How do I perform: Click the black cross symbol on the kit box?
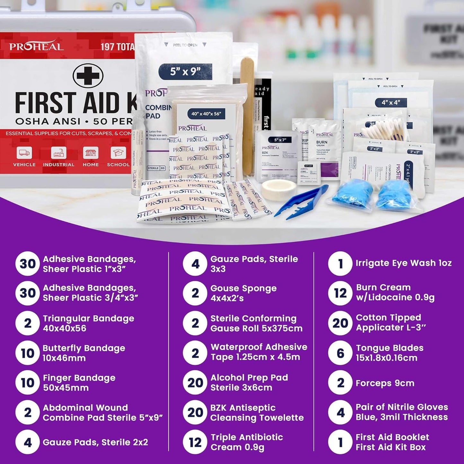point(88,76)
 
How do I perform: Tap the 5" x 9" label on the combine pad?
point(185,71)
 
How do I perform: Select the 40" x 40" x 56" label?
point(206,114)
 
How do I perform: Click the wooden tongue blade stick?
point(247,112)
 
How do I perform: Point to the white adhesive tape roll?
point(274,189)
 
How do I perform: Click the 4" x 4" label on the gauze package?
point(391,102)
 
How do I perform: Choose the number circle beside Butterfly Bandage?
point(28,353)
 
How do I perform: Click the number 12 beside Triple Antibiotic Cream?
point(195,442)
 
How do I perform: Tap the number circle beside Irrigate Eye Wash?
point(340,264)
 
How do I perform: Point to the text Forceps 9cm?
point(385,383)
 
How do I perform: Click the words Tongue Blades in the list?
point(390,348)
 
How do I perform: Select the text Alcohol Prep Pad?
point(249,378)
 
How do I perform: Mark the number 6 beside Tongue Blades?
point(340,353)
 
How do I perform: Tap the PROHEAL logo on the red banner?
point(36,47)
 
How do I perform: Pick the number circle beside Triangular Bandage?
point(28,323)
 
